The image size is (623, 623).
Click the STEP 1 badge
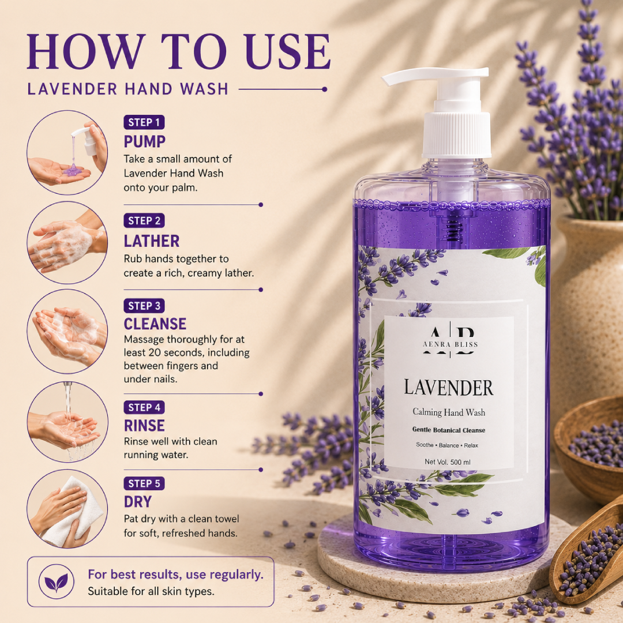[x=144, y=122]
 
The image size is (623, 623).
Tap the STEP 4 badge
[x=144, y=407]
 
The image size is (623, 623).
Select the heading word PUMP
[x=145, y=142]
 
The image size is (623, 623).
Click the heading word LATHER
[x=151, y=241]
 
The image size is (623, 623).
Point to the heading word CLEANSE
[x=155, y=324]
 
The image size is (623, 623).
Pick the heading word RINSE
[x=144, y=426]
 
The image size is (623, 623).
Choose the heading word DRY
[x=137, y=502]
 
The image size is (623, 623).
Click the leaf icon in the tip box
[x=57, y=581]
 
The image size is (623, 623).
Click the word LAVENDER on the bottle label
[x=449, y=388]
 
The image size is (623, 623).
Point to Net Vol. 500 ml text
[x=448, y=461]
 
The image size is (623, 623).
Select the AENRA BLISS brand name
[x=450, y=344]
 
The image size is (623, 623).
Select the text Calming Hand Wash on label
[x=449, y=412]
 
